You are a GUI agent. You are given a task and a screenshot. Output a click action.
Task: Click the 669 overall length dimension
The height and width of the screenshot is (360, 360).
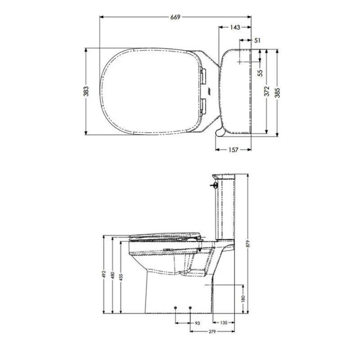click(x=175, y=17)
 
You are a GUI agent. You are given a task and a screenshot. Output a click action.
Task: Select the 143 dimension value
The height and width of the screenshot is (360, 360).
click(x=235, y=27)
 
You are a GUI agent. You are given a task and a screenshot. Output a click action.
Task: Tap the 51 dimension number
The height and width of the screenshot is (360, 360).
click(x=257, y=40)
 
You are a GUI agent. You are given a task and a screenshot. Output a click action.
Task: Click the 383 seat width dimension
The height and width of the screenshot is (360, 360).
click(x=86, y=91)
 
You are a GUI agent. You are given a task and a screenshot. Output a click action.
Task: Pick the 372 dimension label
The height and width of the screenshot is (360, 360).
click(x=267, y=91)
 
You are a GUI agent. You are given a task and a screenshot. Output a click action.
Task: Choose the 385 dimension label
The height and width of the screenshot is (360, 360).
click(x=278, y=93)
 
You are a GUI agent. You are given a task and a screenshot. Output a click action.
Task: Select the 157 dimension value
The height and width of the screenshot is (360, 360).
click(x=233, y=150)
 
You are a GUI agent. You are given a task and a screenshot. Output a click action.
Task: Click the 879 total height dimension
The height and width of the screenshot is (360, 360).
click(x=247, y=243)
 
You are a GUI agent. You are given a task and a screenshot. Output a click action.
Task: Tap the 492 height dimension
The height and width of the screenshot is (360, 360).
click(x=104, y=274)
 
